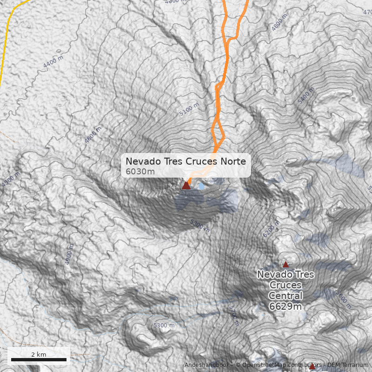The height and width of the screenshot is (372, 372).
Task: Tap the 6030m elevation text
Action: (140, 172)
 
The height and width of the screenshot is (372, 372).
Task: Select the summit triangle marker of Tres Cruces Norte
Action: (186, 186)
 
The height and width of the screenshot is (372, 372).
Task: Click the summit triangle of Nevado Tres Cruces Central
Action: (286, 264)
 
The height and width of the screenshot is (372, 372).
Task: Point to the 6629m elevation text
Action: (286, 306)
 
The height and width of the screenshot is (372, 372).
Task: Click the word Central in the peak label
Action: (286, 296)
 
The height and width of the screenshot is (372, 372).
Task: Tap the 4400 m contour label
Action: (53, 62)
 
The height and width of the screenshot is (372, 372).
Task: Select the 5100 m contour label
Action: (189, 110)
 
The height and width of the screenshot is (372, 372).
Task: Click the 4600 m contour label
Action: (93, 135)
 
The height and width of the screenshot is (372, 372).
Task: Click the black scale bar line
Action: (39, 360)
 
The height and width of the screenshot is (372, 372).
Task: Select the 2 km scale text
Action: (39, 354)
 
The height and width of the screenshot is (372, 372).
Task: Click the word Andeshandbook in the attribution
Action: (207, 365)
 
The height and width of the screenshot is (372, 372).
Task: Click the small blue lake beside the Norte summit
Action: (201, 186)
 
